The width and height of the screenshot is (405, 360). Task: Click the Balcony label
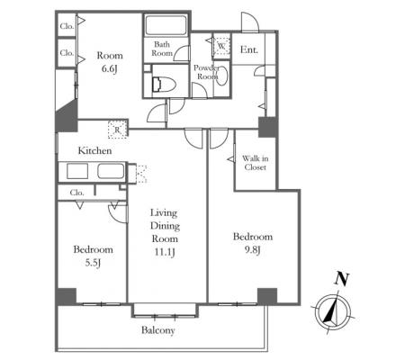pyautogui.click(x=158, y=330)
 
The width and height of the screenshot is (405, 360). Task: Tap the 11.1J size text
pyautogui.click(x=165, y=252)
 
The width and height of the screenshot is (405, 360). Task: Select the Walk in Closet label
pyautogui.click(x=255, y=163)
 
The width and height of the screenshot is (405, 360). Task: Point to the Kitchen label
pyautogui.click(x=94, y=150)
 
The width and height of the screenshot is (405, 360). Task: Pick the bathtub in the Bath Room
pyautogui.click(x=166, y=25)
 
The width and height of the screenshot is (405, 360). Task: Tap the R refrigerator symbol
pyautogui.click(x=118, y=130)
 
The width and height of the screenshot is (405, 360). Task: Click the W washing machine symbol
pyautogui.click(x=221, y=46)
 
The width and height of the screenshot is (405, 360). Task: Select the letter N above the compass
pyautogui.click(x=342, y=279)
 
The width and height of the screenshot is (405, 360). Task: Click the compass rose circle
pyautogui.click(x=333, y=296)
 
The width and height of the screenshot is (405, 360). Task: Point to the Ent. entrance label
pyautogui.click(x=249, y=49)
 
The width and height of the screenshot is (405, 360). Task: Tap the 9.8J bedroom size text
pyautogui.click(x=253, y=249)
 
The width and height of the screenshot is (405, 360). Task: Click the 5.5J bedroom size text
pyautogui.click(x=93, y=263)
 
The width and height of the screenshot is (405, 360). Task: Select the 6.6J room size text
pyautogui.click(x=110, y=68)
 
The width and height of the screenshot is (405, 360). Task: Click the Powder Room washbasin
pyautogui.click(x=221, y=76)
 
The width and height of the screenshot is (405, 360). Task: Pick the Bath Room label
pyautogui.click(x=162, y=49)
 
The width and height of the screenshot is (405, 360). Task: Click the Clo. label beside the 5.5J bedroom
pyautogui.click(x=77, y=193)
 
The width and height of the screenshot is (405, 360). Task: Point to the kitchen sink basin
pyautogui.click(x=111, y=171)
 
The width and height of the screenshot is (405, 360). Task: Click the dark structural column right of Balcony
pyautogui.click(x=267, y=296)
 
